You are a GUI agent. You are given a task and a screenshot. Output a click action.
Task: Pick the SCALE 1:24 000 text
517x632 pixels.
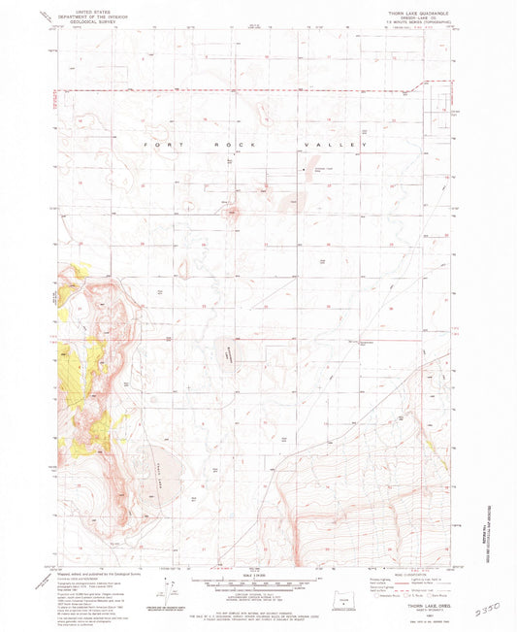(256, 577)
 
